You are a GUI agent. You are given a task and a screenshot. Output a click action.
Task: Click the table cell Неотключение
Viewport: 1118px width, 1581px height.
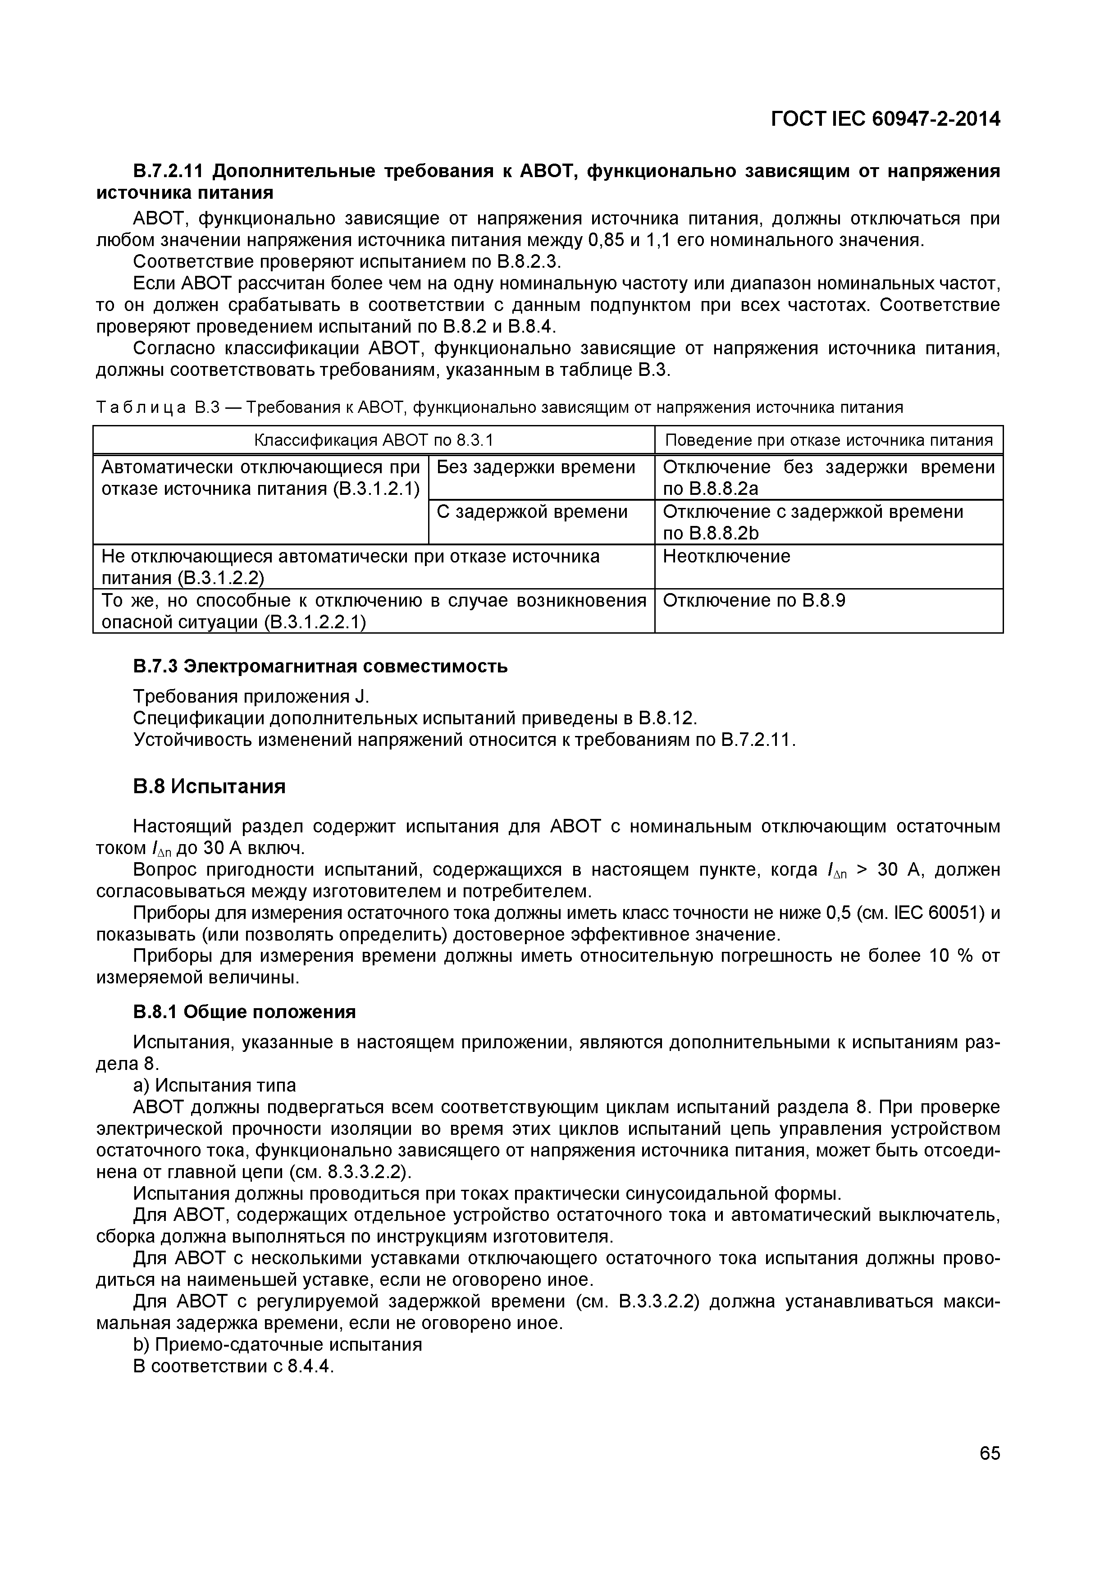click(726, 557)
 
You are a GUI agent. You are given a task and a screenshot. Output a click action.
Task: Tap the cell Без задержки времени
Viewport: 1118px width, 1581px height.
click(536, 467)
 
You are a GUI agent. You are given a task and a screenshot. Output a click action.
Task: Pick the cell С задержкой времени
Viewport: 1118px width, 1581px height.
click(532, 512)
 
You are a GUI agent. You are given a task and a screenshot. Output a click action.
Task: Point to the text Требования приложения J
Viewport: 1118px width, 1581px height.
click(251, 697)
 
